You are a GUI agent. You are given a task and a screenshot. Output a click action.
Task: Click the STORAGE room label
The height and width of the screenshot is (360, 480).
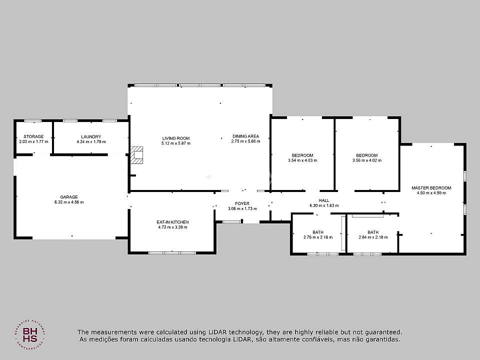coord(33,136)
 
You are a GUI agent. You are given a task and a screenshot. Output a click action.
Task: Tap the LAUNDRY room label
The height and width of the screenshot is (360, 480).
coord(91,137)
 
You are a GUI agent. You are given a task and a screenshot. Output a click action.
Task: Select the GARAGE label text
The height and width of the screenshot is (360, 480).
coord(69,197)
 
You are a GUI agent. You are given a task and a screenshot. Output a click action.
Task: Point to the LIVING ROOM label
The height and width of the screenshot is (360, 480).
coord(176,138)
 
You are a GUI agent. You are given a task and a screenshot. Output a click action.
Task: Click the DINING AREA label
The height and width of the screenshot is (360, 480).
coord(246,136)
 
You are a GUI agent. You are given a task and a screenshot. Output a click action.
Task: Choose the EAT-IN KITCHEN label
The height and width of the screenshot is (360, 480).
coord(172,222)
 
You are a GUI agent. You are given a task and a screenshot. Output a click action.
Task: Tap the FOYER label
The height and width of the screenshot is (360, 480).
coord(242,203)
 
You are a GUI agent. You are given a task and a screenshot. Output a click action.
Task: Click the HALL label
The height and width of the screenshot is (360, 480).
coord(324,200)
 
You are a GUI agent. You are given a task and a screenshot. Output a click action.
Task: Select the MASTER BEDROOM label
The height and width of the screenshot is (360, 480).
coord(431,188)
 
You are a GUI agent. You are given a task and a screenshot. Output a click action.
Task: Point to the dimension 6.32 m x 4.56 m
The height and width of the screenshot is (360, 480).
coord(69,202)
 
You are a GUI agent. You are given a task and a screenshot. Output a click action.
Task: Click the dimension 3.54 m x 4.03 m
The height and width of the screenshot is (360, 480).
coord(302,160)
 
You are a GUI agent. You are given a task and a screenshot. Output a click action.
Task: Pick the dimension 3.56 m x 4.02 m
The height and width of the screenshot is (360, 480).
coord(367,160)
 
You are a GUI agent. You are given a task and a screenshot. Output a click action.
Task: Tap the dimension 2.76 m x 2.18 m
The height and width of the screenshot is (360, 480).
coord(318,237)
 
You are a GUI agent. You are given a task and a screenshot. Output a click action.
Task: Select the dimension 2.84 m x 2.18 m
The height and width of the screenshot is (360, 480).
coord(373,237)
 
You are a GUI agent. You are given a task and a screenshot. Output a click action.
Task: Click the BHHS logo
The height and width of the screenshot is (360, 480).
coord(30,335)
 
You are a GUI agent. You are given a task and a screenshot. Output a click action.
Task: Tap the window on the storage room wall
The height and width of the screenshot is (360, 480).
coord(33,121)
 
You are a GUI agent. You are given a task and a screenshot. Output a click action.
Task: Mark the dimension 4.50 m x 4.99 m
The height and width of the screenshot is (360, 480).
coord(431,193)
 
